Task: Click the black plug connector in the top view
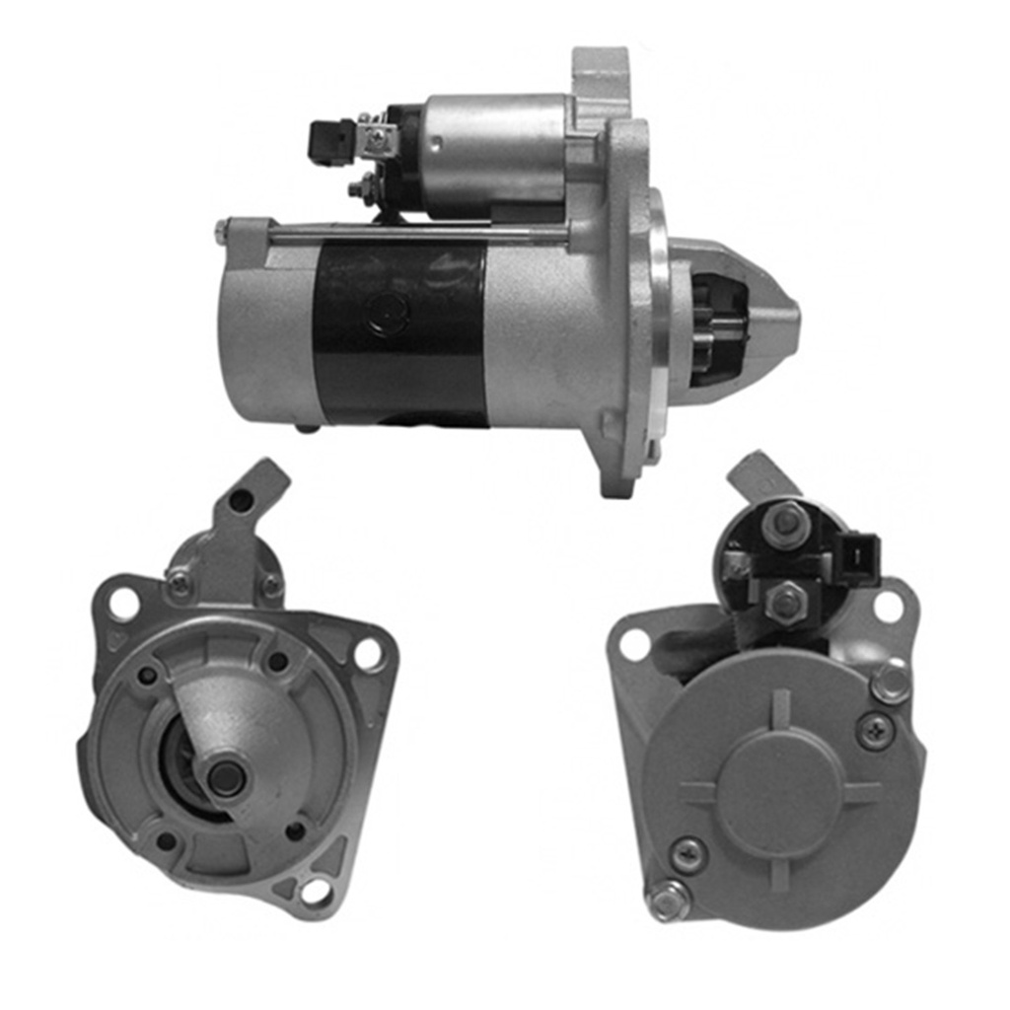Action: (x=330, y=140)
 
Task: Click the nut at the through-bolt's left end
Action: (x=222, y=233)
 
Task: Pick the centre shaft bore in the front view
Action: (x=226, y=776)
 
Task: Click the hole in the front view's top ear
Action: (x=241, y=500)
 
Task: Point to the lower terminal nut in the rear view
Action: (x=786, y=601)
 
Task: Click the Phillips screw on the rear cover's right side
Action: (x=873, y=731)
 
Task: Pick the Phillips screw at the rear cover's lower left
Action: (x=688, y=854)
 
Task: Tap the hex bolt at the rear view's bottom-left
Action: (x=668, y=900)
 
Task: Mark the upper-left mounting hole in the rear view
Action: (x=633, y=644)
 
